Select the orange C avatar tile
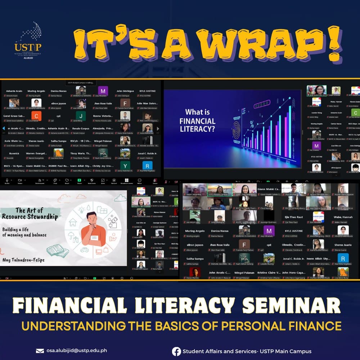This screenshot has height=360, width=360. click(x=36, y=116)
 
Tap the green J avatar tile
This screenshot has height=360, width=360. click(x=81, y=116)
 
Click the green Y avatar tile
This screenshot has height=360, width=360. click(x=125, y=165)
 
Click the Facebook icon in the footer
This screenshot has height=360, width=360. click(x=176, y=351)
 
